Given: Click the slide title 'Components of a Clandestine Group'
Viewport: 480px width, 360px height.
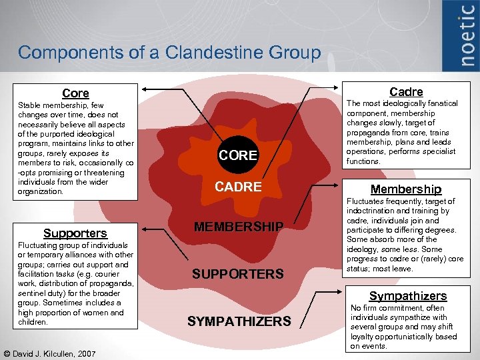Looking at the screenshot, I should [x=169, y=53].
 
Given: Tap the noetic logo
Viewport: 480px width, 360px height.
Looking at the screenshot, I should [x=467, y=36].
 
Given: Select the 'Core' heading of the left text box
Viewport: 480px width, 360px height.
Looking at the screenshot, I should [x=75, y=93].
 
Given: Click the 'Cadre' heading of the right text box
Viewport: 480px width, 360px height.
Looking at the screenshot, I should [x=406, y=91].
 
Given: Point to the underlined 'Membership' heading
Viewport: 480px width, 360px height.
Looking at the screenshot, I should [x=406, y=189].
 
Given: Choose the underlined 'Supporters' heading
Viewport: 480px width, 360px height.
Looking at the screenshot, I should [x=75, y=233].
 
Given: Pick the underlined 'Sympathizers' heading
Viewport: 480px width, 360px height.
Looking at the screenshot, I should [x=408, y=296].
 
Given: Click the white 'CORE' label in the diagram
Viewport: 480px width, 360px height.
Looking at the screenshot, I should [x=238, y=155].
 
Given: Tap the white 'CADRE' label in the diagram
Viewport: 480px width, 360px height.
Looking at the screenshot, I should [x=238, y=187].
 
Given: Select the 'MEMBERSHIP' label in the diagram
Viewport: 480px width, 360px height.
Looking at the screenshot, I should [x=238, y=227].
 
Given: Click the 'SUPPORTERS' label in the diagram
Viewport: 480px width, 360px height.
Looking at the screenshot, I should [x=238, y=273].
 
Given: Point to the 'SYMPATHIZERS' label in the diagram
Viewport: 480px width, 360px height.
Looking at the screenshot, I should [x=239, y=321].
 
